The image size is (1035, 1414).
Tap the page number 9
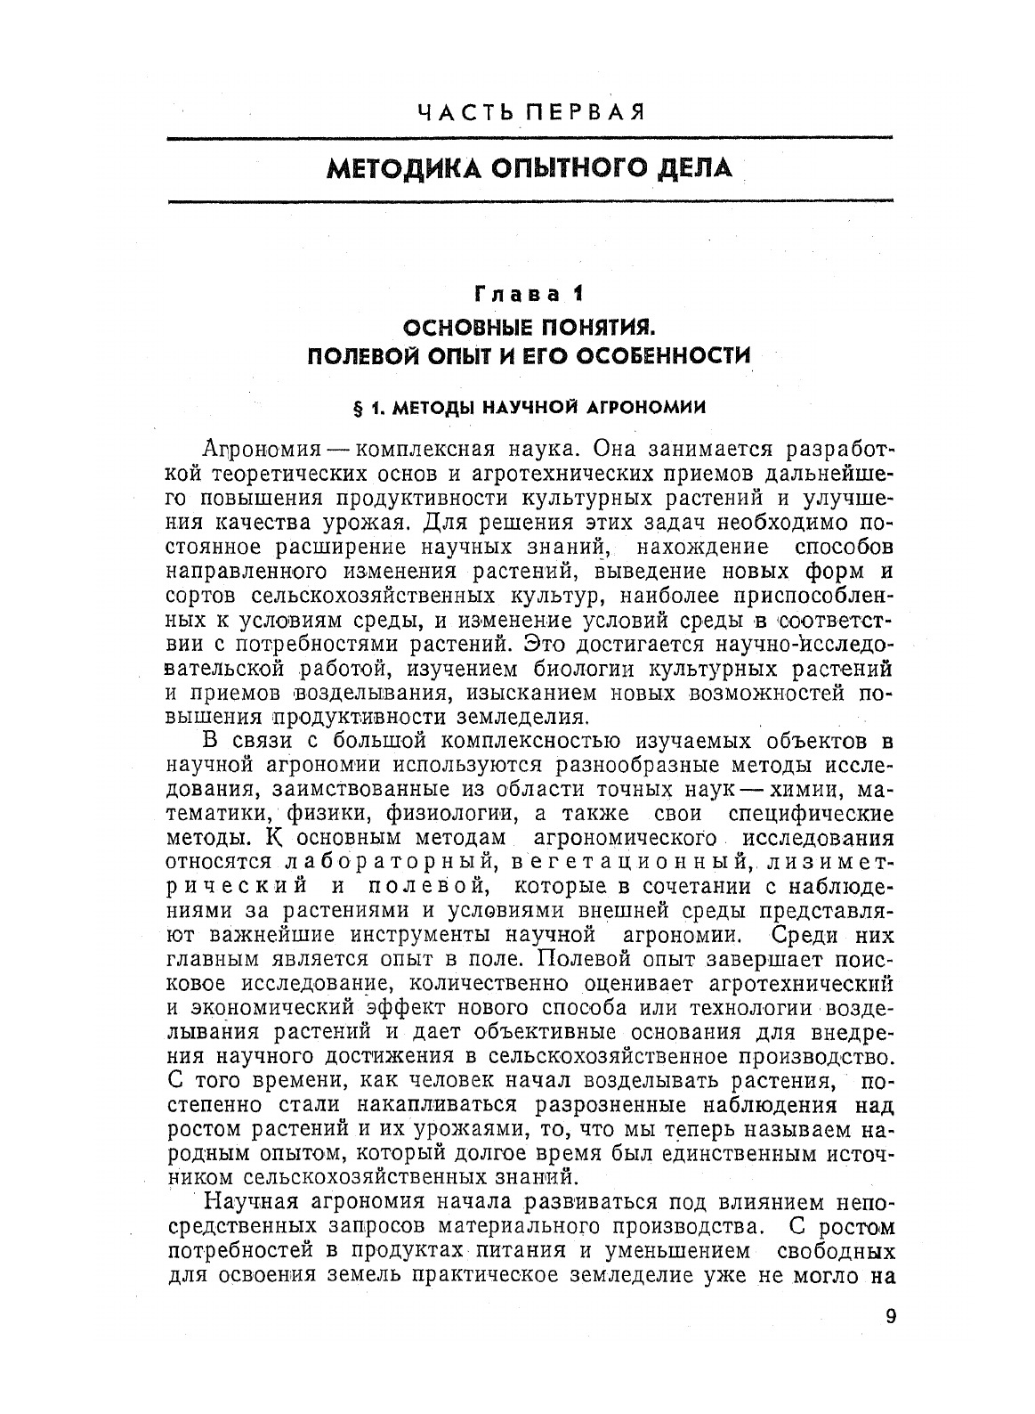tap(891, 1316)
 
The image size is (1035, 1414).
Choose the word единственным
tap(738, 1155)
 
